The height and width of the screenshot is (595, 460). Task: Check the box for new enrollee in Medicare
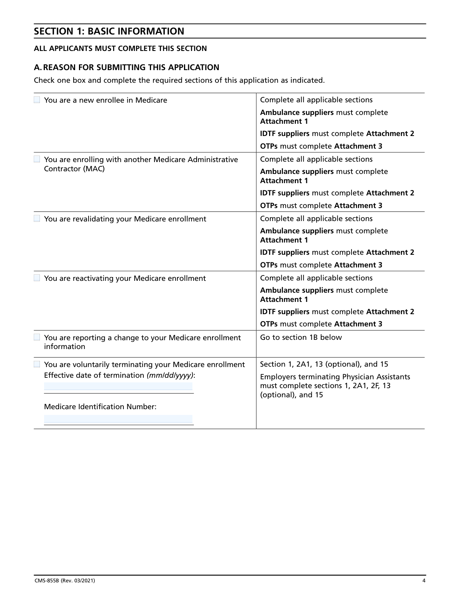tap(37, 100)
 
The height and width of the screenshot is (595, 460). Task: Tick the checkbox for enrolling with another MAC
tap(37, 159)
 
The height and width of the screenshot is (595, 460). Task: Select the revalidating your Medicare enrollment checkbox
tap(37, 218)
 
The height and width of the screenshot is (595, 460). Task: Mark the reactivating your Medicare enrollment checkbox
tap(37, 278)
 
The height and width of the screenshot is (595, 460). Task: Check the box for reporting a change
tap(37, 337)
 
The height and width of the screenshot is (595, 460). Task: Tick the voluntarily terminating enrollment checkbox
tap(37, 364)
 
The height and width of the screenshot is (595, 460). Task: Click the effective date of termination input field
tap(118, 387)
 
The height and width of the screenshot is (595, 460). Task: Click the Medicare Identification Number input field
tap(118, 419)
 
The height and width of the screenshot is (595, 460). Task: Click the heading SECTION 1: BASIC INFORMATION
tap(109, 31)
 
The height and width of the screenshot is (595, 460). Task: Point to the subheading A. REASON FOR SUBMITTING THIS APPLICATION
tap(127, 67)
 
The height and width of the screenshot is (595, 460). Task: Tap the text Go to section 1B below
tap(301, 337)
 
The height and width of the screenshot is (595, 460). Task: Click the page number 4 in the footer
tap(424, 580)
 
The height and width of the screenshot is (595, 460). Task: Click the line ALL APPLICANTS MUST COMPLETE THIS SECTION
tap(120, 49)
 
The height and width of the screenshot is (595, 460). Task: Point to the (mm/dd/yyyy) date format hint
tap(170, 375)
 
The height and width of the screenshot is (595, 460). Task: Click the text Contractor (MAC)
tap(74, 169)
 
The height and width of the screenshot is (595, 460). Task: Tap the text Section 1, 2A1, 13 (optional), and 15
tap(324, 364)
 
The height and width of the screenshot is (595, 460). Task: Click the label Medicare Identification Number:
tap(100, 407)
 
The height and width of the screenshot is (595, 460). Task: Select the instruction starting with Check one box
tap(179, 80)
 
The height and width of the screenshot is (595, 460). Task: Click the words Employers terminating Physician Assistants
tap(335, 377)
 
